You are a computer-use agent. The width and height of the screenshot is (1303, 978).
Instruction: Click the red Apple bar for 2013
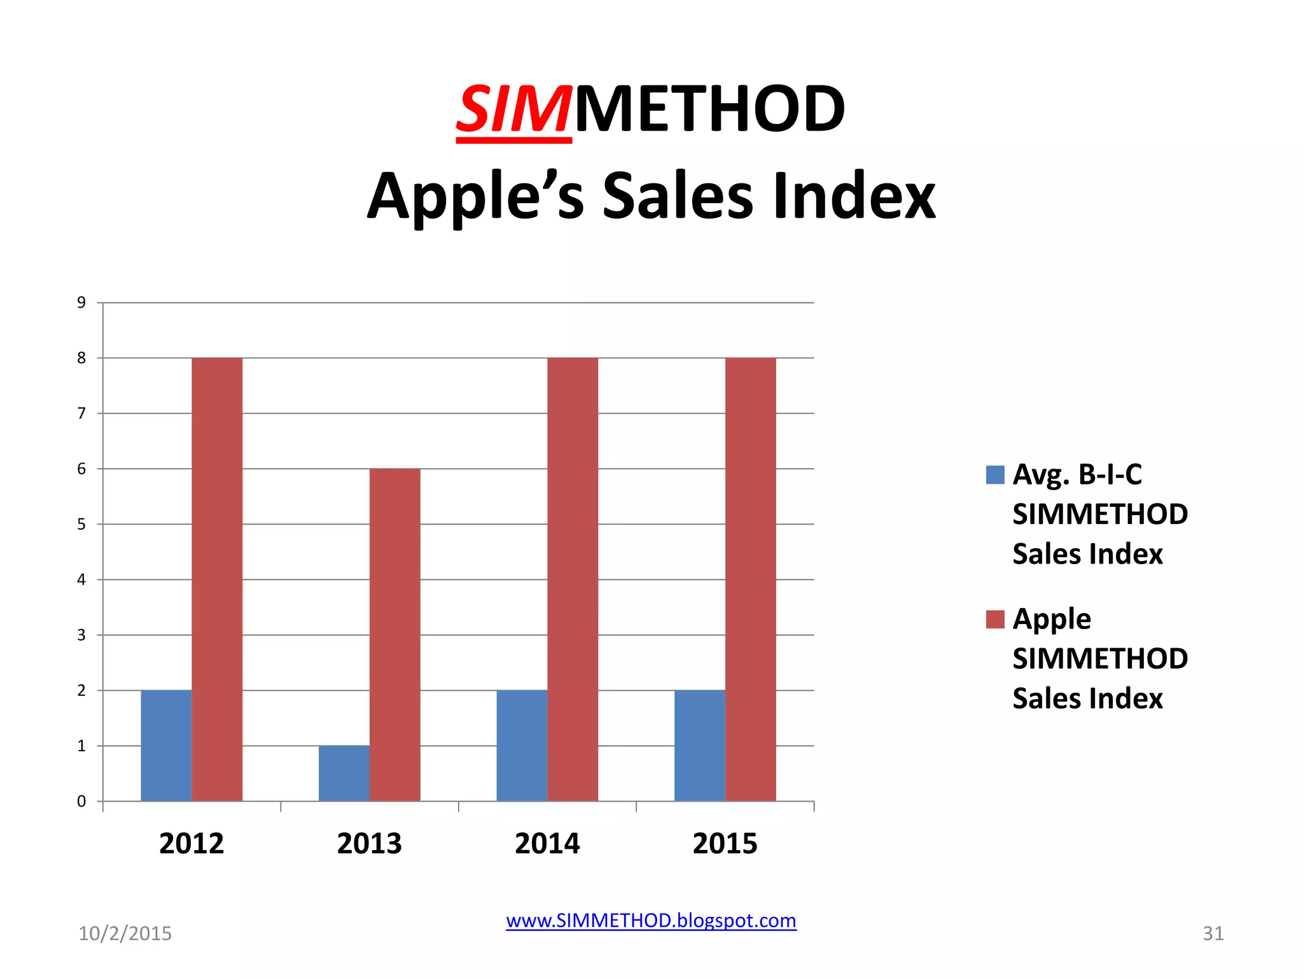coord(394,634)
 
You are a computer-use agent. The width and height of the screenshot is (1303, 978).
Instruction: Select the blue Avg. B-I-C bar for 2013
coord(344,773)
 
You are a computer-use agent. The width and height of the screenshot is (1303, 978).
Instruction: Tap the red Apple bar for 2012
coord(217,579)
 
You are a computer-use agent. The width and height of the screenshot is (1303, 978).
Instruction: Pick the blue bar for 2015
coord(699,745)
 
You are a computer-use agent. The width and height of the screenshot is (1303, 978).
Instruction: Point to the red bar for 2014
coord(573,579)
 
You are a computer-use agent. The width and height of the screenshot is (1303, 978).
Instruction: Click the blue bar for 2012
coord(166,745)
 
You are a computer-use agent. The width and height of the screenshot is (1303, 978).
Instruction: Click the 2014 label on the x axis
coord(547,844)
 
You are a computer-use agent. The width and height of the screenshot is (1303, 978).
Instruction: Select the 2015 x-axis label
coord(725,844)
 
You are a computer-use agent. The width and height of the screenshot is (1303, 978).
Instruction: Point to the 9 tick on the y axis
coord(81,302)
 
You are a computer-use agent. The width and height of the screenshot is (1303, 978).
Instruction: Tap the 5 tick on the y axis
coord(81,524)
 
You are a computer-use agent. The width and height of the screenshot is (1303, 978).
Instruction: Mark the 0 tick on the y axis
coord(81,801)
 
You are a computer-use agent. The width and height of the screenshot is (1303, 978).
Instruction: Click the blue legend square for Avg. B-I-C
coord(994,475)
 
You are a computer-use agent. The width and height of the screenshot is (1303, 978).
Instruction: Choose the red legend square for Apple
coord(994,619)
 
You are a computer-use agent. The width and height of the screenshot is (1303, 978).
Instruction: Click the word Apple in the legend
coord(1052,620)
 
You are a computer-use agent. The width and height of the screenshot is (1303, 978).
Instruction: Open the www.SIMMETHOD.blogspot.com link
coord(651,921)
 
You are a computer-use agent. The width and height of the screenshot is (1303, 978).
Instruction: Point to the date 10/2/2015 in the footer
coord(125,933)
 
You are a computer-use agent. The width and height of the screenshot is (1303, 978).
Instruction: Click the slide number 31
coord(1213,933)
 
